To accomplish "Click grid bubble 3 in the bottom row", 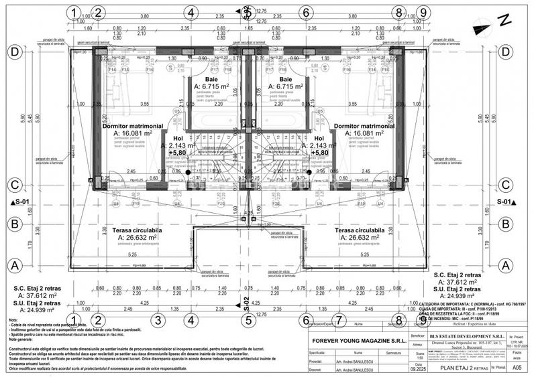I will click(x=157, y=319).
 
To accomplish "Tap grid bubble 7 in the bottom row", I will click(x=340, y=319).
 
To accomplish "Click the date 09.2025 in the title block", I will click(x=419, y=368).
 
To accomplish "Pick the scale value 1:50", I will click(x=419, y=359).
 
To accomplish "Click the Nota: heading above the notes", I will click(x=14, y=321).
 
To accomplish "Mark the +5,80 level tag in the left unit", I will click(x=178, y=153).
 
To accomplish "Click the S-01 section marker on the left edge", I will click(x=20, y=201).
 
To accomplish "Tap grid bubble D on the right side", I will click(x=517, y=52).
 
